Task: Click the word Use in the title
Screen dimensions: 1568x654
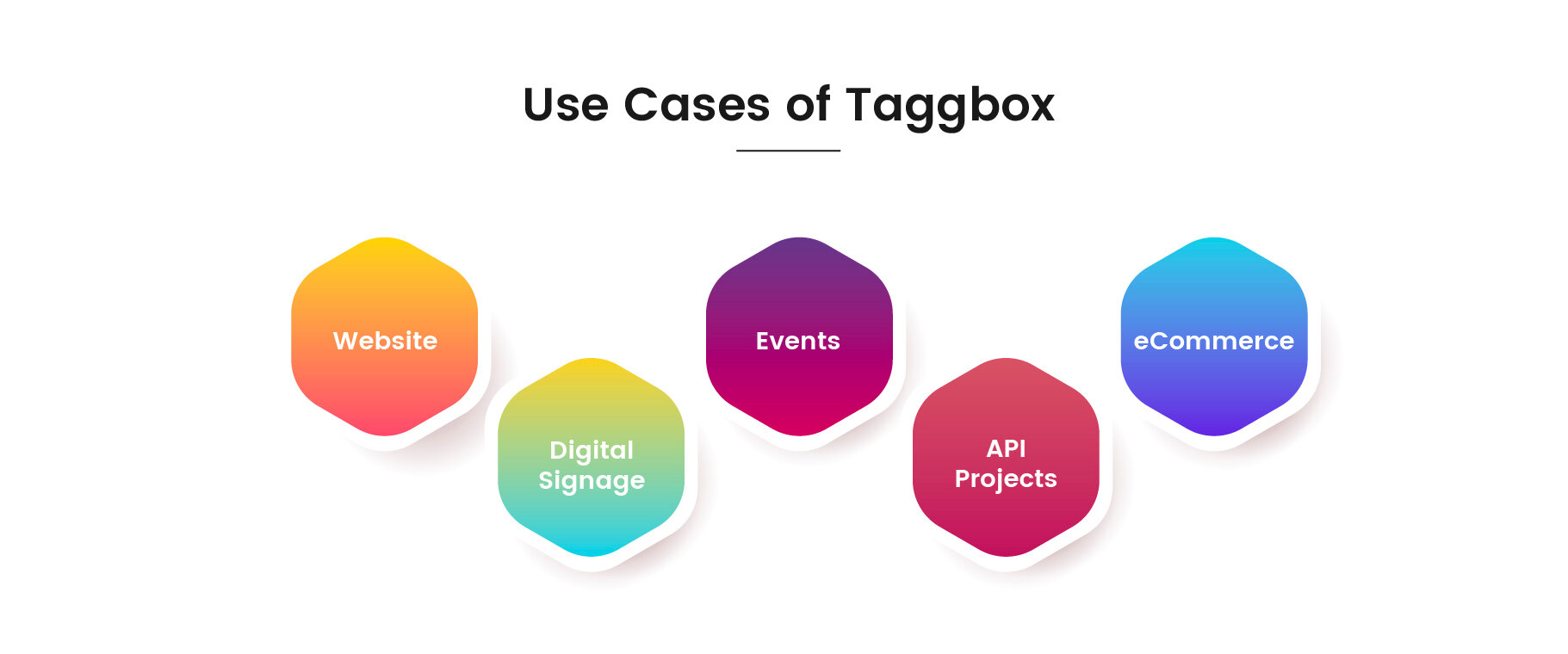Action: pyautogui.click(x=566, y=105)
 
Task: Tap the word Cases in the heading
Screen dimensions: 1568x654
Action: pyautogui.click(x=697, y=105)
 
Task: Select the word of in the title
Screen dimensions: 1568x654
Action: pyautogui.click(x=808, y=104)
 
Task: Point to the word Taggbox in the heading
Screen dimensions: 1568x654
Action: pyautogui.click(x=950, y=107)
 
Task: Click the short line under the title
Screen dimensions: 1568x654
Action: pyautogui.click(x=788, y=151)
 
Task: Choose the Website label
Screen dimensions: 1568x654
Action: pyautogui.click(x=385, y=341)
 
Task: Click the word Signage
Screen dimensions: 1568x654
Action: pyautogui.click(x=592, y=481)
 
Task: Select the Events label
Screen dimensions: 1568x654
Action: pyautogui.click(x=797, y=341)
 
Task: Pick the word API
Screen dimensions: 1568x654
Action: pyautogui.click(x=1006, y=448)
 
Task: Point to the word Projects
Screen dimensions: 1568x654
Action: pyautogui.click(x=1006, y=479)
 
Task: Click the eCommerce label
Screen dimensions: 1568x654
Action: pyautogui.click(x=1213, y=341)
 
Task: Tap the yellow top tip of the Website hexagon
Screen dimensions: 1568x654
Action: pyautogui.click(x=385, y=238)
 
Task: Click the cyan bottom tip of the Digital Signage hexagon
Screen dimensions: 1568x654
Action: pyautogui.click(x=592, y=556)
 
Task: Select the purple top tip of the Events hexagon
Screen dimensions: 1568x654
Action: pyautogui.click(x=799, y=238)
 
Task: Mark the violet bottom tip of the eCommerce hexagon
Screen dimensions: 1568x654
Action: pyautogui.click(x=1214, y=435)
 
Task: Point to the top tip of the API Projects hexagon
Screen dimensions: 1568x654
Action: pyautogui.click(x=1006, y=359)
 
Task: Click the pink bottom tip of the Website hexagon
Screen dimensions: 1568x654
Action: pyautogui.click(x=385, y=435)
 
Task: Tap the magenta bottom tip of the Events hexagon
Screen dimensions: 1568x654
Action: pyautogui.click(x=799, y=435)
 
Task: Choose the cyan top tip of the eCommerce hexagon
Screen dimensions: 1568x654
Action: pyautogui.click(x=1214, y=238)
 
